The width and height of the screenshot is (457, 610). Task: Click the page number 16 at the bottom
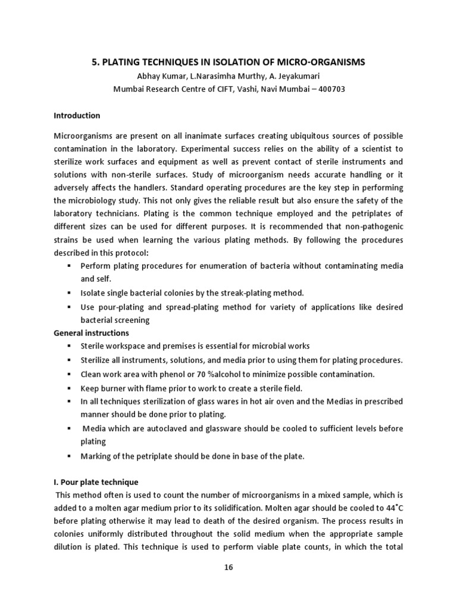(228, 568)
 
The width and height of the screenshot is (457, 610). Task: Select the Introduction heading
(77, 116)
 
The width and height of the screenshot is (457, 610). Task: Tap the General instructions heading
(92, 333)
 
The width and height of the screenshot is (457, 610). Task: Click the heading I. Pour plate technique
(96, 482)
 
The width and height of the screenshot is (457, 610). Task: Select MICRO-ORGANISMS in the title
(318, 62)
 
